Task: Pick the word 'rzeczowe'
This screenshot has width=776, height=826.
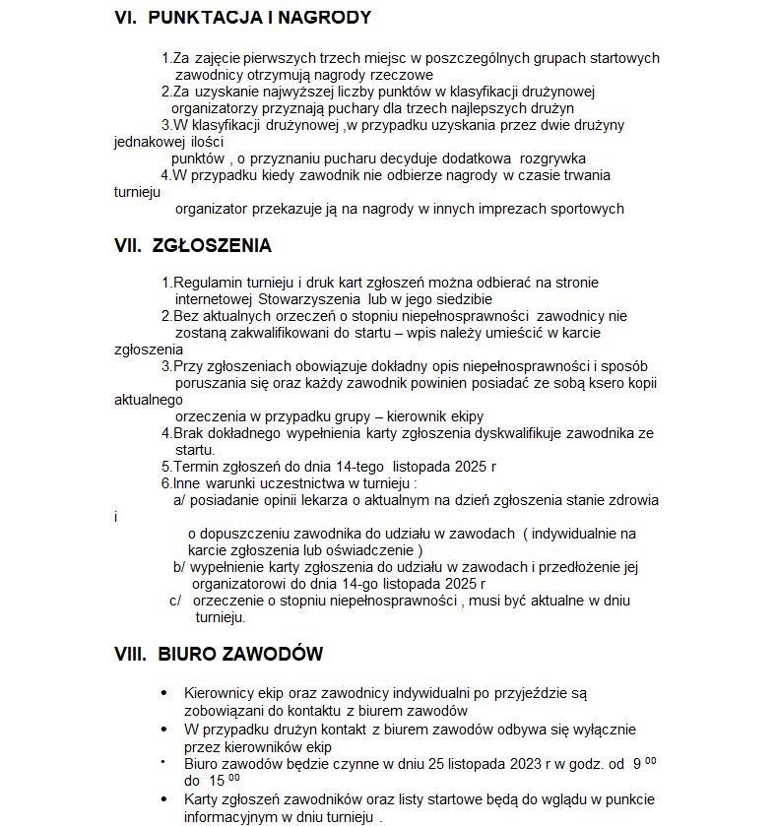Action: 402,75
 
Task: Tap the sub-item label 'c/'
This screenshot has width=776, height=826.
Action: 176,601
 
